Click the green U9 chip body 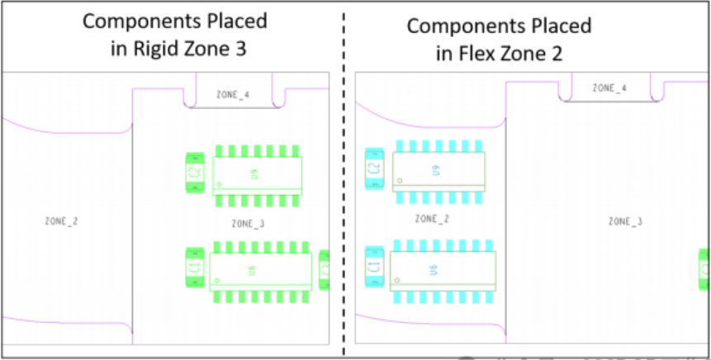tap(257, 175)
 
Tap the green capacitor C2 tap(195, 173)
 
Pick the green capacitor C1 tap(195, 268)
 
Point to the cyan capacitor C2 tap(374, 168)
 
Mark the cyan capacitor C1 tap(374, 267)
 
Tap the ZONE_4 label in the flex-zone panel tap(609, 88)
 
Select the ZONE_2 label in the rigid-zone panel tap(62, 221)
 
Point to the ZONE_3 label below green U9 tap(248, 224)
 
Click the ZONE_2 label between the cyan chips tap(431, 220)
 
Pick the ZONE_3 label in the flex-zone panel tap(625, 221)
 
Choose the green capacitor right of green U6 tap(325, 270)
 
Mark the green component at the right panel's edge tap(704, 269)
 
